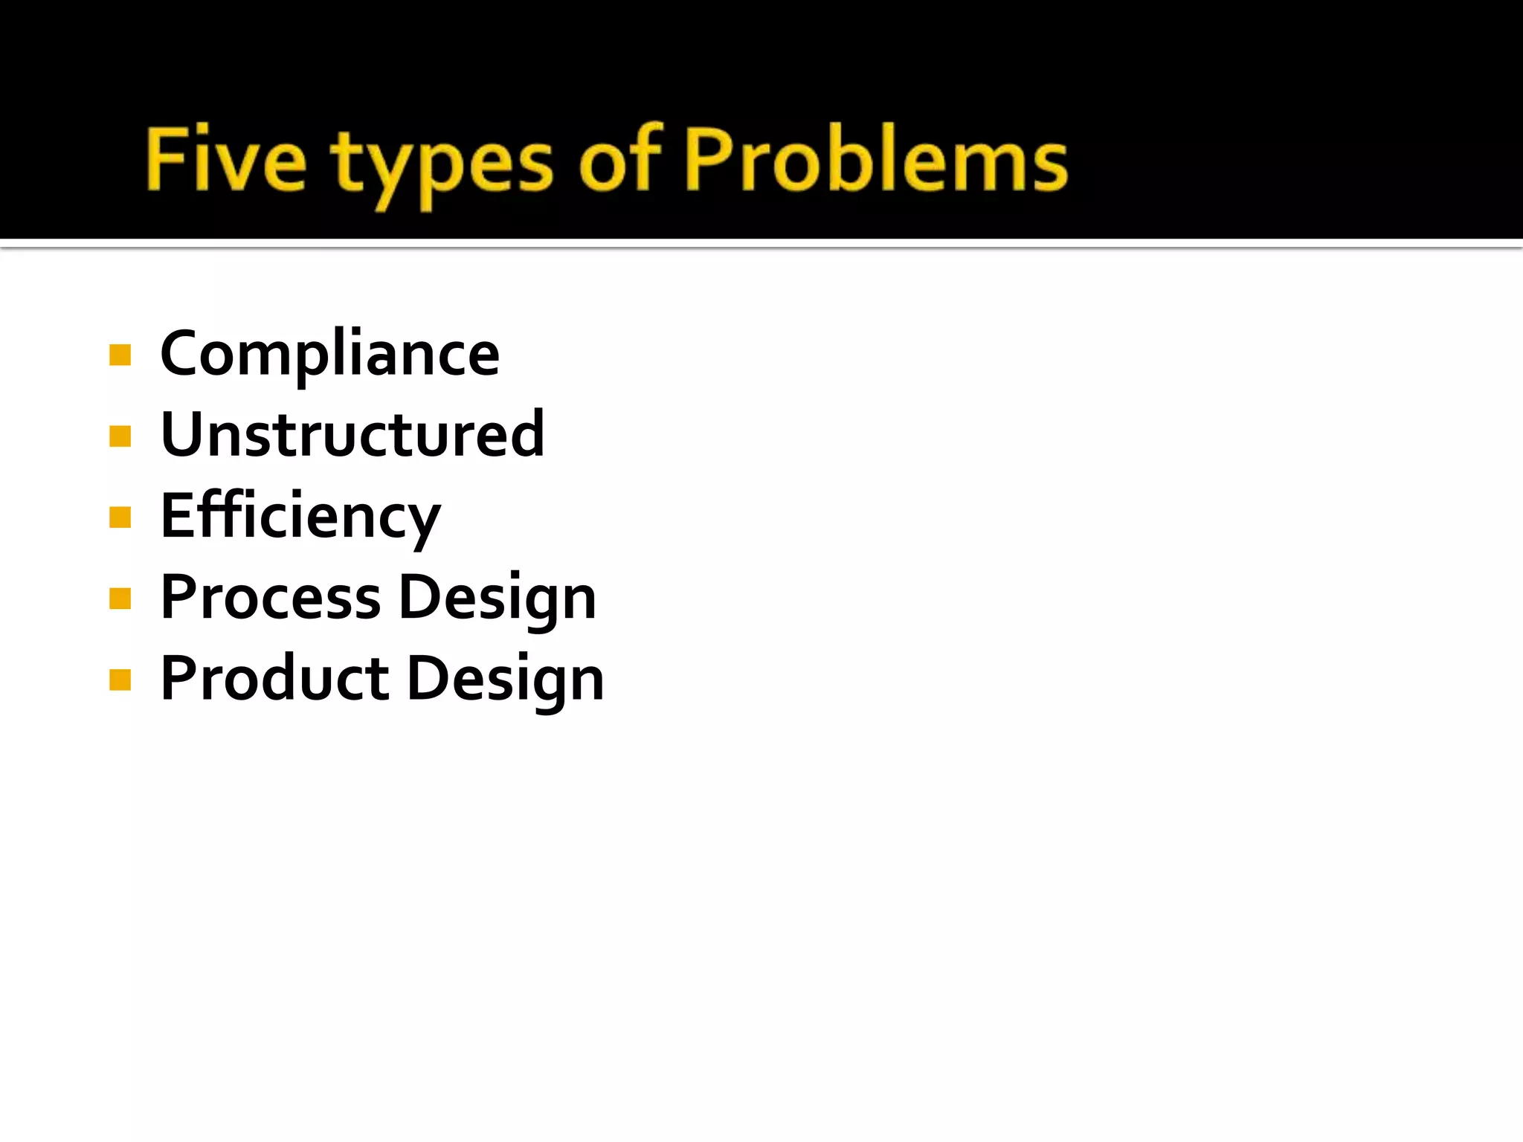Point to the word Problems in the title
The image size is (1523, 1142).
click(876, 159)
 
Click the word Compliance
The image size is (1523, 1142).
click(329, 355)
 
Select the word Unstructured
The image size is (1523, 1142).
click(352, 435)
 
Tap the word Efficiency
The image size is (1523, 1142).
click(300, 517)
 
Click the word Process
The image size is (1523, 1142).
click(271, 598)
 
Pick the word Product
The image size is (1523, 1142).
click(274, 679)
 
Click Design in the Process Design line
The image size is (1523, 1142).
click(498, 599)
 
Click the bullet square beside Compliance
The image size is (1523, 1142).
click(120, 355)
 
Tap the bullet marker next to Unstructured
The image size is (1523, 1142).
click(120, 436)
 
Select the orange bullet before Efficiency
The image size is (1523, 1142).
click(120, 517)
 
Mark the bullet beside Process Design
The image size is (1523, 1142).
click(120, 598)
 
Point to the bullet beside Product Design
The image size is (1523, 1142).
click(120, 679)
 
